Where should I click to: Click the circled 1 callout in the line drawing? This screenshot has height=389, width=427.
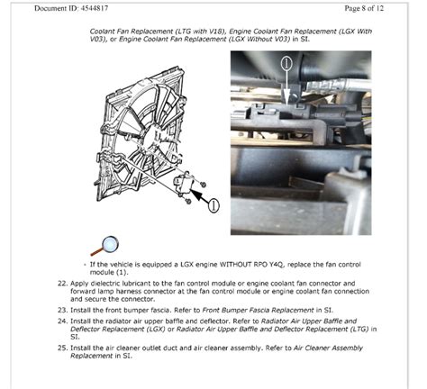click(x=213, y=204)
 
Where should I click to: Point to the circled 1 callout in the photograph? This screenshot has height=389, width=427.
click(x=286, y=64)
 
